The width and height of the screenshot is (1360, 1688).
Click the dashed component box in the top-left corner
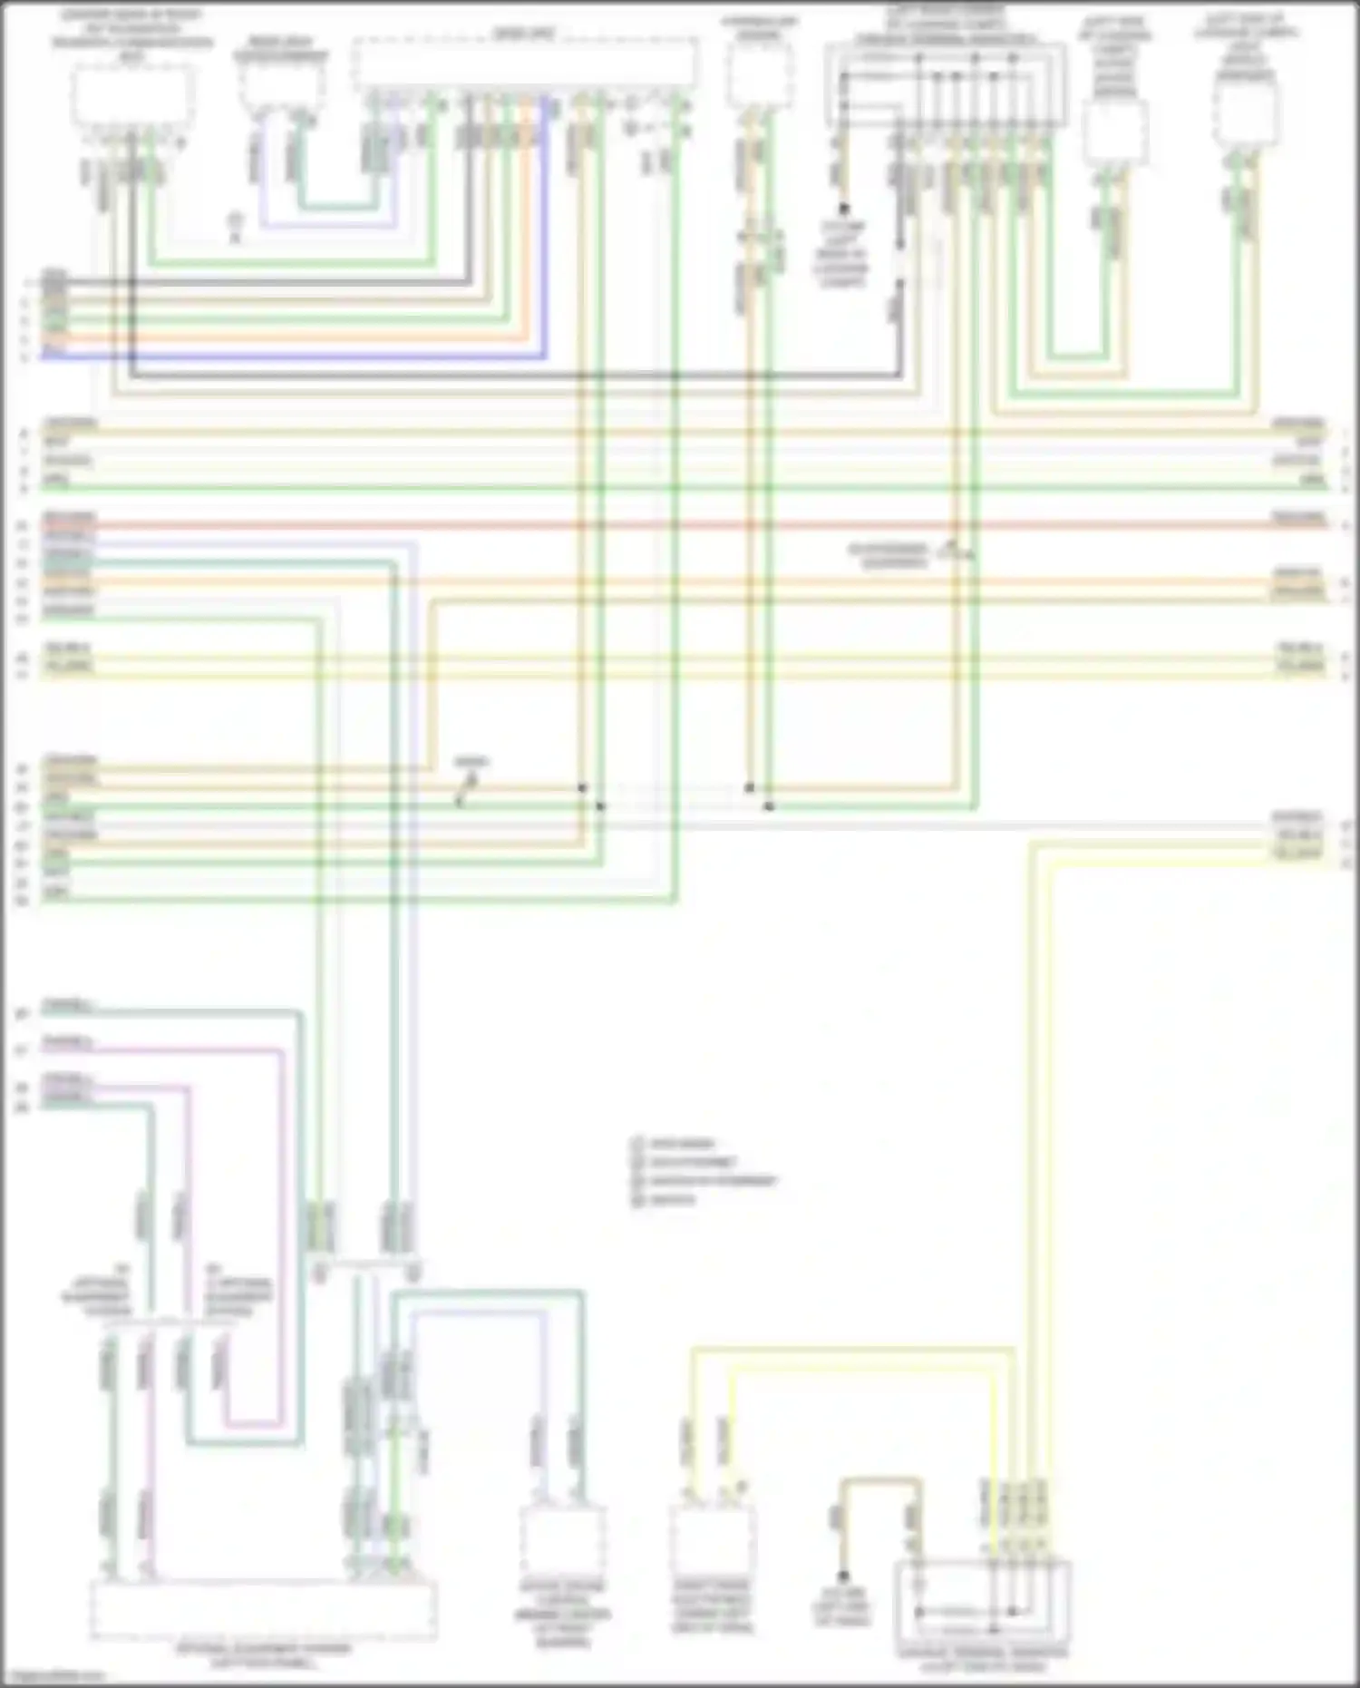pyautogui.click(x=132, y=96)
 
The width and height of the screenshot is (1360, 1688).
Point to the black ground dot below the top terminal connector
pyautogui.click(x=843, y=209)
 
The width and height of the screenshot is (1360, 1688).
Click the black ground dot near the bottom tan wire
pyautogui.click(x=842, y=1576)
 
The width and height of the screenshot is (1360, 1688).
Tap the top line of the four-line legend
pyautogui.click(x=675, y=1144)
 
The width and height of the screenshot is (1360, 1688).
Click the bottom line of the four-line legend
pyautogui.click(x=666, y=1200)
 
